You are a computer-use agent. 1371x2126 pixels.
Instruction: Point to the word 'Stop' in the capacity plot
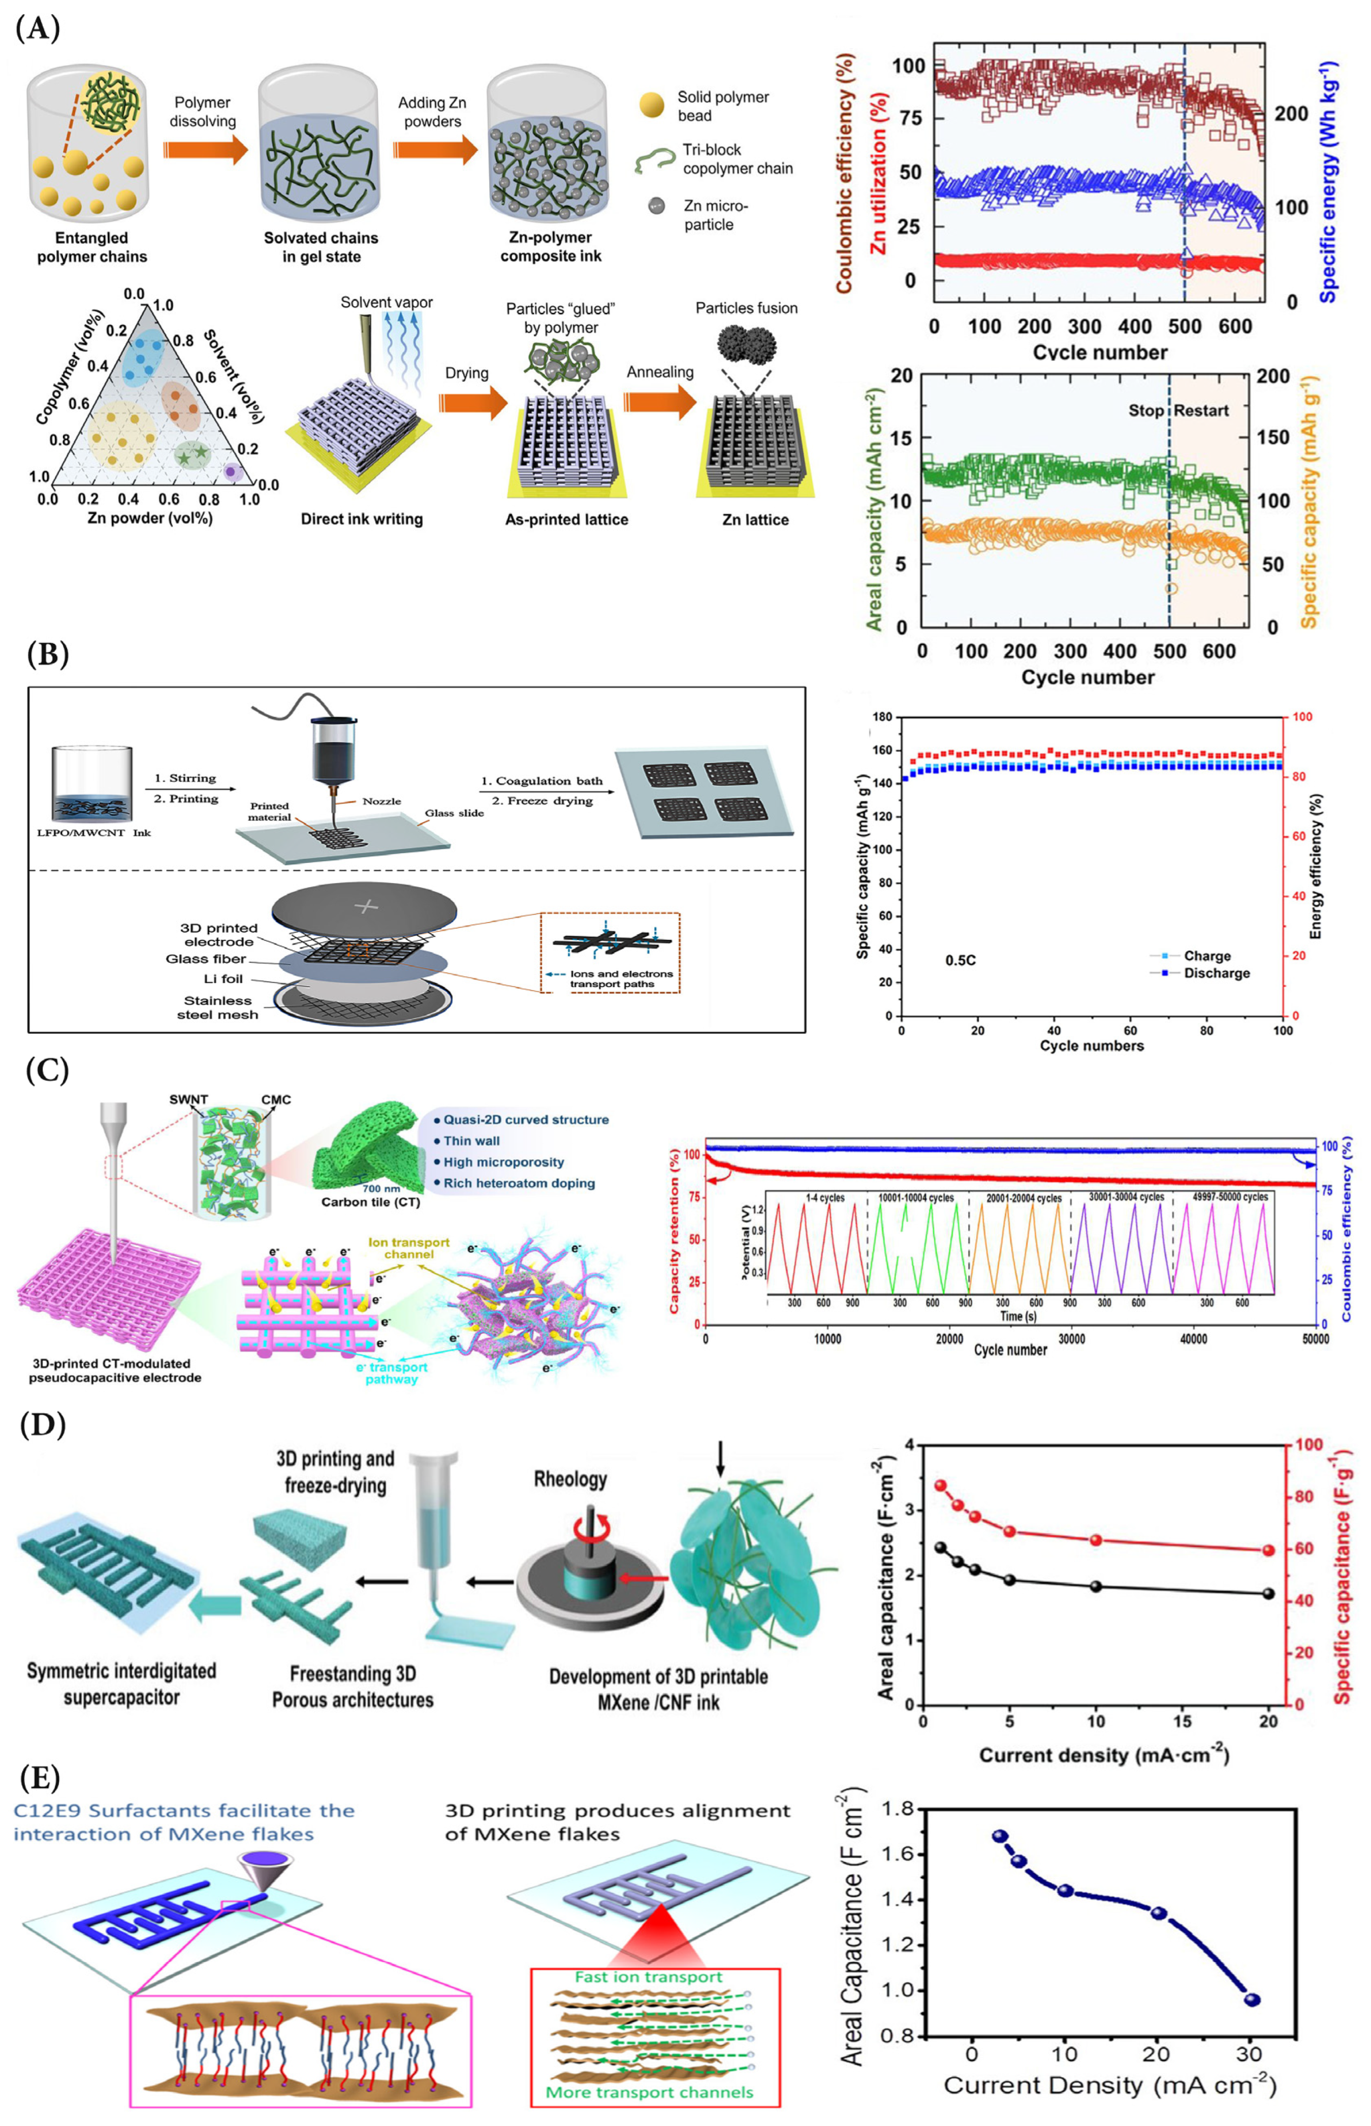1146,410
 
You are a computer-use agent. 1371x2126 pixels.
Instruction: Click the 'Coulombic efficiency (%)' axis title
844,174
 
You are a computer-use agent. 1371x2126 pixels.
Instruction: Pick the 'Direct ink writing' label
362,519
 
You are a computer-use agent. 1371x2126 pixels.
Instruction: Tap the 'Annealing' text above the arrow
660,372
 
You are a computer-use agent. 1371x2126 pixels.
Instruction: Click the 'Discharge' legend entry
1216,973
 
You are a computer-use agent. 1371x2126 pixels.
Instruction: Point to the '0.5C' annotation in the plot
961,960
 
